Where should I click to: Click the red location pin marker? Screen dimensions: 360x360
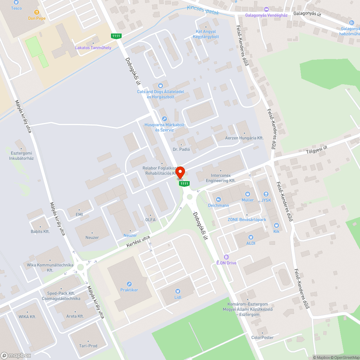[x=180, y=172]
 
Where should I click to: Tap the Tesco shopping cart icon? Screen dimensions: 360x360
[x=16, y=2]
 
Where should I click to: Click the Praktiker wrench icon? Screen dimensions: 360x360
[x=129, y=284]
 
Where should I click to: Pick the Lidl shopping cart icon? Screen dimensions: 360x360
[x=177, y=291]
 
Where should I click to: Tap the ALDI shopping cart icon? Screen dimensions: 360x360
[x=251, y=237]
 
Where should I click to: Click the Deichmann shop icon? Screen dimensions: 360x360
[x=219, y=199]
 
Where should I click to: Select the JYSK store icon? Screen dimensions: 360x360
[x=266, y=194]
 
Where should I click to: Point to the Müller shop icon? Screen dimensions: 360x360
[x=247, y=194]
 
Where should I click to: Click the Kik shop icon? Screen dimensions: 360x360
[x=276, y=225]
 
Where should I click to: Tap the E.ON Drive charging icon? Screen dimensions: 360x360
[x=226, y=257]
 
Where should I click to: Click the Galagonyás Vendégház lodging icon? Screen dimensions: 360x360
[x=266, y=9]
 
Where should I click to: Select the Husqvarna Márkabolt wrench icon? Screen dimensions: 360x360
[x=165, y=119]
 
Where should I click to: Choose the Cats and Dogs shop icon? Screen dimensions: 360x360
[x=161, y=86]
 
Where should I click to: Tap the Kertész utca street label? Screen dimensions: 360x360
[x=138, y=241]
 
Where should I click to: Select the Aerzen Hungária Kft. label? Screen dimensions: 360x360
[x=244, y=138]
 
